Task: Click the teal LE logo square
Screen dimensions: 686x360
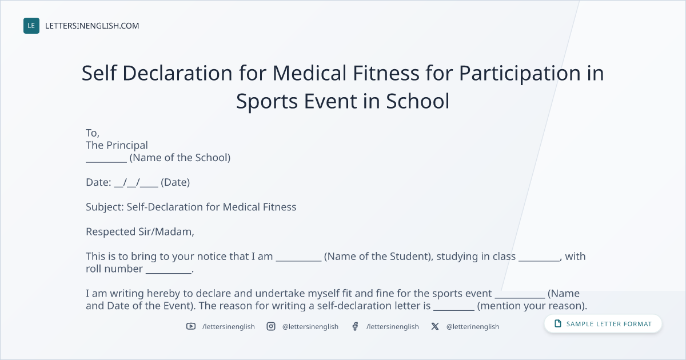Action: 31,26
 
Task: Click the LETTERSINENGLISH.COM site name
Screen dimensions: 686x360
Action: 92,26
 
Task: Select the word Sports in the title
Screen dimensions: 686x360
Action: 267,102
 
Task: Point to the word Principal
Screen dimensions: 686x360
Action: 126,145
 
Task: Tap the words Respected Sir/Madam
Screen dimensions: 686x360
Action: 140,232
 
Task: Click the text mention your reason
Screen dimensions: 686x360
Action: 532,306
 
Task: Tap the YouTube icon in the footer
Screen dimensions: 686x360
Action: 191,326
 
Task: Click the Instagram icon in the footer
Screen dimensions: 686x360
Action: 271,326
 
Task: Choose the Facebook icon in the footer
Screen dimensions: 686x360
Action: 355,326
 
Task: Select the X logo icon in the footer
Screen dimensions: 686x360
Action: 435,326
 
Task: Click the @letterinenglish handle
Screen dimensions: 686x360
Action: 473,327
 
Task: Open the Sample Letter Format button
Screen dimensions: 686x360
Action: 603,324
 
